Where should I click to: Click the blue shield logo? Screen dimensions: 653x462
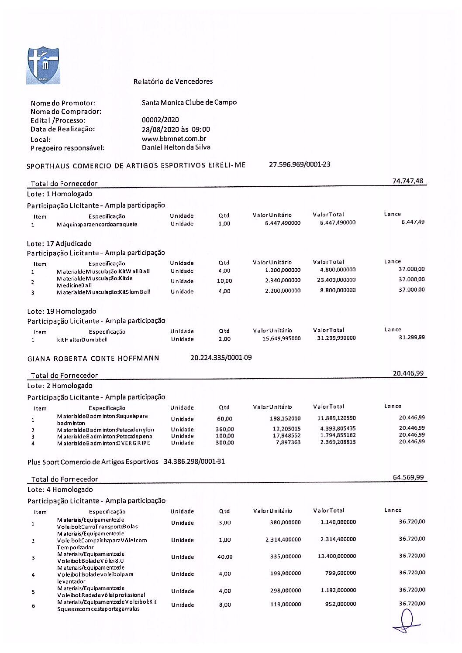tap(43, 65)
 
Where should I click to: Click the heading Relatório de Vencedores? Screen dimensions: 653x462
tap(173, 82)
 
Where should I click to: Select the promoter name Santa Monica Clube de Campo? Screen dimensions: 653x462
tap(189, 103)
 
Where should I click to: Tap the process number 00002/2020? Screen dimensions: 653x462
tap(160, 120)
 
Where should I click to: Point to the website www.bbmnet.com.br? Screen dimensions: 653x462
tap(174, 139)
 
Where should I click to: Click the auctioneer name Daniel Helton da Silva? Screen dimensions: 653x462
tap(176, 147)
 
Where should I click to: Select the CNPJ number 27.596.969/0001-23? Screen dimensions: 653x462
tap(300, 164)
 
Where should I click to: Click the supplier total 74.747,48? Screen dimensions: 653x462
tap(407, 181)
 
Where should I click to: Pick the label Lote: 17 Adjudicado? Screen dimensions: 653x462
tap(59, 244)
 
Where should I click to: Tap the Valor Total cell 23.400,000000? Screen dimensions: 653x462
tap(336, 280)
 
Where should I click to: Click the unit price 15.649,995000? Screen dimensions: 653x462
tap(281, 338)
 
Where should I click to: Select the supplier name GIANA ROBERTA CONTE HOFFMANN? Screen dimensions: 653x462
tap(93, 359)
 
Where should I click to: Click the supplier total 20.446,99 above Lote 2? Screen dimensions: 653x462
tap(408, 373)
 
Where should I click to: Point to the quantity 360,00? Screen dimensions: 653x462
tap(224, 430)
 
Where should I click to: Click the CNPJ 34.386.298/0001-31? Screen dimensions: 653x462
tap(194, 462)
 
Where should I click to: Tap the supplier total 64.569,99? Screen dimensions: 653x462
tap(408, 478)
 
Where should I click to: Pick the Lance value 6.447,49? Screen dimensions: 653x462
tap(413, 222)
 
